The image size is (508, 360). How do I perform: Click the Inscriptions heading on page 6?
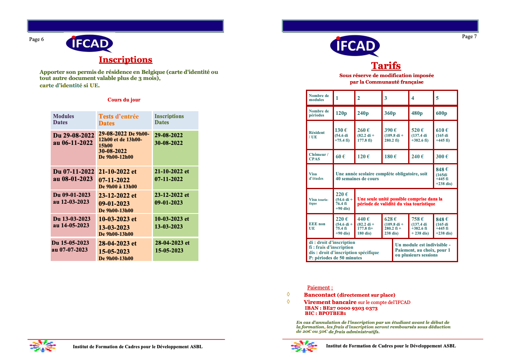click(125, 60)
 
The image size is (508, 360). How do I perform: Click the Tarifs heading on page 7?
click(386, 66)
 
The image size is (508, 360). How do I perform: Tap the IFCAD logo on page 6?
click(90, 43)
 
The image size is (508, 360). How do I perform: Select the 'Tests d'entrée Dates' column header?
click(118, 120)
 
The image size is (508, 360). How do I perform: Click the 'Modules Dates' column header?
click(64, 119)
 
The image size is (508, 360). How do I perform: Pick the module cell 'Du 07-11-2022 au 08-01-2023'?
click(73, 175)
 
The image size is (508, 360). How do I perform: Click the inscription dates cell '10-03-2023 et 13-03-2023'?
click(172, 223)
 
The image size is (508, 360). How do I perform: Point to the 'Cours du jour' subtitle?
click(124, 99)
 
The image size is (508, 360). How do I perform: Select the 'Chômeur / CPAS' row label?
click(319, 157)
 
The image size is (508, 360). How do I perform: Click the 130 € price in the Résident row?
click(341, 130)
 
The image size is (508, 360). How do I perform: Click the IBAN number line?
click(341, 308)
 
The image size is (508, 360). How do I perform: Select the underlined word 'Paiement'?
click(320, 288)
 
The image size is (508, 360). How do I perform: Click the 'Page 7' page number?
click(469, 37)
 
